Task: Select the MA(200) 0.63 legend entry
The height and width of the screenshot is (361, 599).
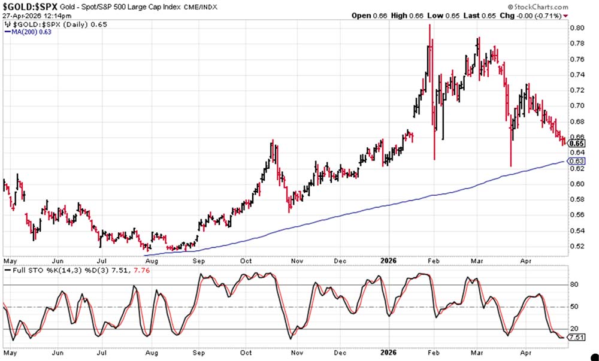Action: (x=29, y=32)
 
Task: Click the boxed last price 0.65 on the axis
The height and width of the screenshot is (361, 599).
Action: (x=577, y=144)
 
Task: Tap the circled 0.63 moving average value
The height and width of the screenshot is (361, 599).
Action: (x=577, y=161)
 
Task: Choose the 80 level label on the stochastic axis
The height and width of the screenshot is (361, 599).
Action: (x=574, y=285)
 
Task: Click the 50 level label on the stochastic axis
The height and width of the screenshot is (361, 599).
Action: (x=574, y=307)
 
